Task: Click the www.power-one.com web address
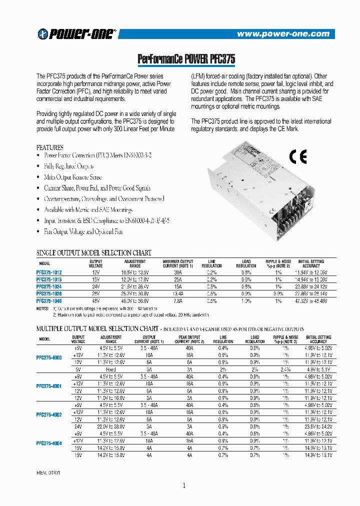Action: [x=283, y=34]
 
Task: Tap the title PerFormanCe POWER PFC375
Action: [x=186, y=59]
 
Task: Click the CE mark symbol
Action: [x=298, y=157]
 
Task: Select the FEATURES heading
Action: [x=50, y=148]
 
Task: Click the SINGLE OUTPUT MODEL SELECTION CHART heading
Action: [x=94, y=253]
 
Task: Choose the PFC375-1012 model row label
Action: [x=49, y=272]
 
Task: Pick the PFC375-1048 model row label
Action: [x=49, y=301]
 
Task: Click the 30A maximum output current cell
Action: [x=177, y=272]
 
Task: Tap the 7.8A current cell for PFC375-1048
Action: [x=177, y=301]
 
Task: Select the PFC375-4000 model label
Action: [x=49, y=358]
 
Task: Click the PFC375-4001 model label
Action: [x=49, y=386]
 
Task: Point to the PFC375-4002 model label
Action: [x=49, y=414]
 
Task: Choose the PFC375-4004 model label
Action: [x=49, y=443]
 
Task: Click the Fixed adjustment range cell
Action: [x=110, y=369]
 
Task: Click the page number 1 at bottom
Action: [x=184, y=485]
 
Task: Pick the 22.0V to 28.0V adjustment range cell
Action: [x=110, y=426]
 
